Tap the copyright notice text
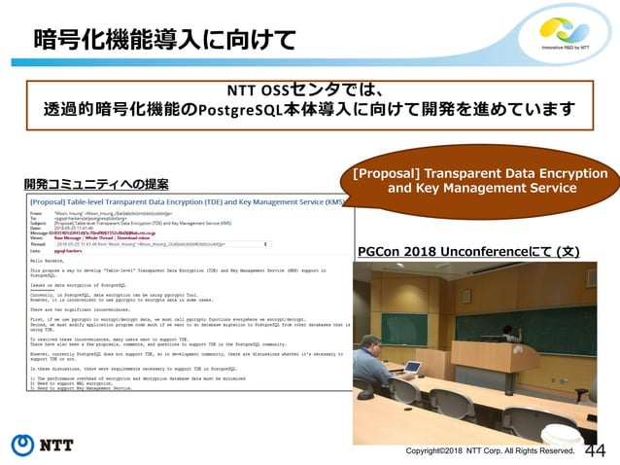490,450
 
